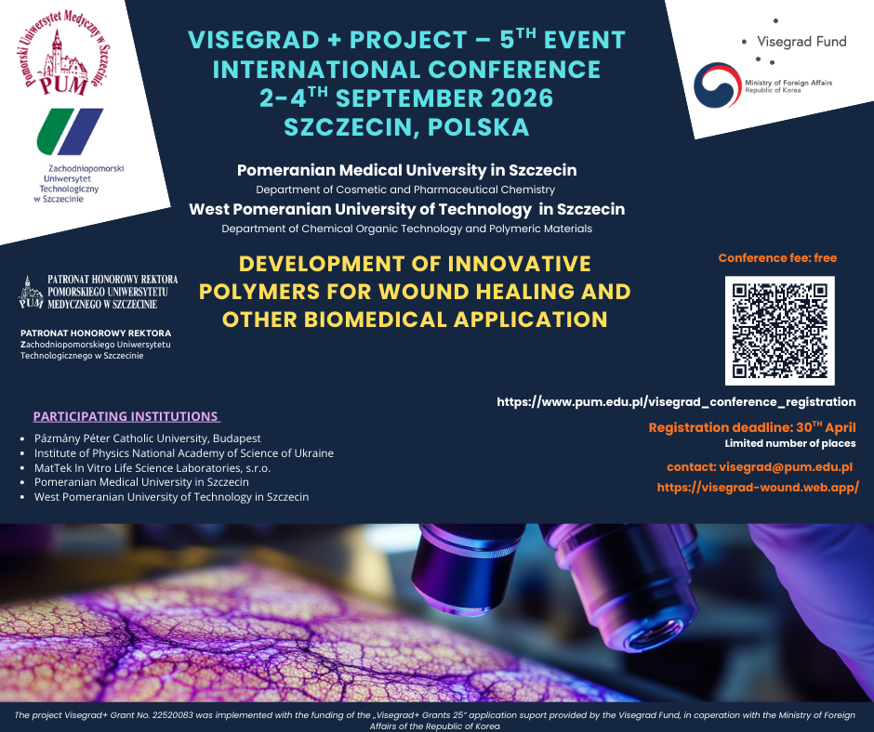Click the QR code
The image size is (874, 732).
(x=779, y=331)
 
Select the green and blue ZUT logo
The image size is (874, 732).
(x=70, y=131)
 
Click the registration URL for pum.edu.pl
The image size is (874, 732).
(x=676, y=402)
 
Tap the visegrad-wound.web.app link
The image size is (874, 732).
(x=757, y=487)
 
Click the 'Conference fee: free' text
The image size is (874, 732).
(x=777, y=258)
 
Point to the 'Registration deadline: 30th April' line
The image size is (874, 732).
(x=751, y=427)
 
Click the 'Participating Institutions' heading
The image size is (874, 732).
(x=126, y=416)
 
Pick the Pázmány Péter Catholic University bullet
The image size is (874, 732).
(x=148, y=438)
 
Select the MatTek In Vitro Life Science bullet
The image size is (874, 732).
(x=152, y=467)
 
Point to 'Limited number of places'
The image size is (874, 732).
(x=789, y=444)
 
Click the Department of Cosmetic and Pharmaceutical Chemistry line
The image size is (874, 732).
(x=405, y=190)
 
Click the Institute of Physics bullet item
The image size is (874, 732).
(x=184, y=453)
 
